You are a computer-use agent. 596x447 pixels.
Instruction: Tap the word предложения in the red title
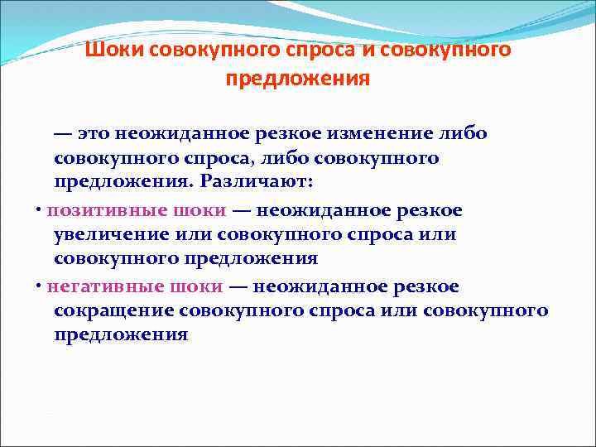pyautogui.click(x=297, y=80)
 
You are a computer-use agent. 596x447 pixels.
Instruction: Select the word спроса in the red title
pyautogui.click(x=318, y=50)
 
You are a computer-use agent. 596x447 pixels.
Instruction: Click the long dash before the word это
pyautogui.click(x=63, y=133)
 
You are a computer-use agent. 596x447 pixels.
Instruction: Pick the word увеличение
pyautogui.click(x=111, y=234)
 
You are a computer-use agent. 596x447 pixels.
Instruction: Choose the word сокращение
pyautogui.click(x=111, y=310)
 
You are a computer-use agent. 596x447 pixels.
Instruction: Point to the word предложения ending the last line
pyautogui.click(x=121, y=335)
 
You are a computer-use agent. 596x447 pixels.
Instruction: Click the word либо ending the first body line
pyautogui.click(x=464, y=133)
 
